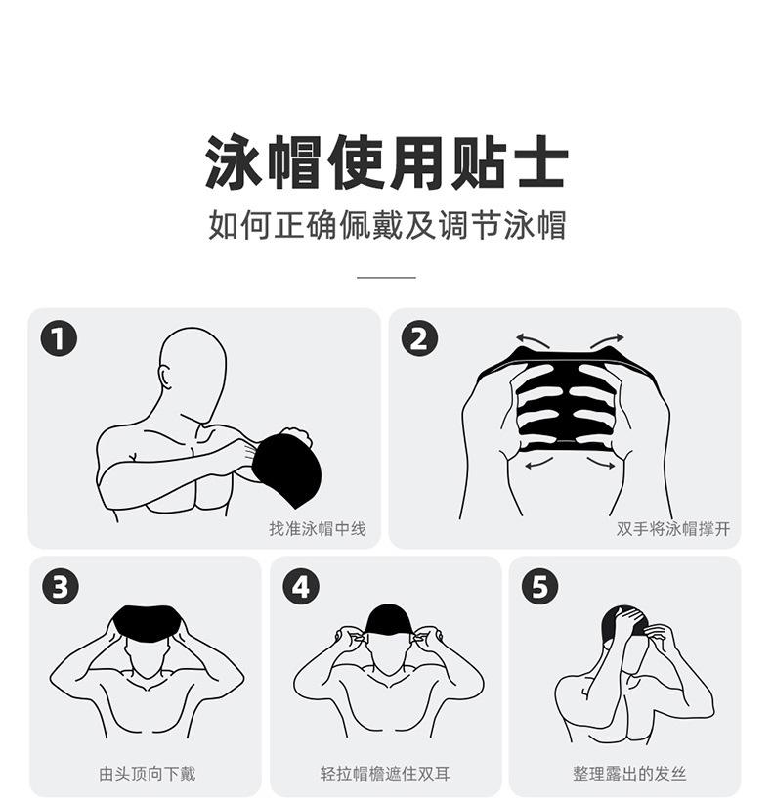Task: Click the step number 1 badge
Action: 59,338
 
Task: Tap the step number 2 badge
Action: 419,338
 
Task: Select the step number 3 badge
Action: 61,586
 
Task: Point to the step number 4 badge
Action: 301,586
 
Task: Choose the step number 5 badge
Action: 540,586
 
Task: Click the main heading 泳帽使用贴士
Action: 387,162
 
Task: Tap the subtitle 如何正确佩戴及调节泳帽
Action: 387,225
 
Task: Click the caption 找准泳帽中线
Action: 318,529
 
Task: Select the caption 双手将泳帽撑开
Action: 673,529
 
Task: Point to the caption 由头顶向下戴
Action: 148,774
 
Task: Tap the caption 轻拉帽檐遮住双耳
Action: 385,774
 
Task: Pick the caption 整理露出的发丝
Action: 629,774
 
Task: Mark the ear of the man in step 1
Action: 165,377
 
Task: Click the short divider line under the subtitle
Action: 386,277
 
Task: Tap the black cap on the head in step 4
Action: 388,620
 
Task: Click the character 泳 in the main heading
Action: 234,162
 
